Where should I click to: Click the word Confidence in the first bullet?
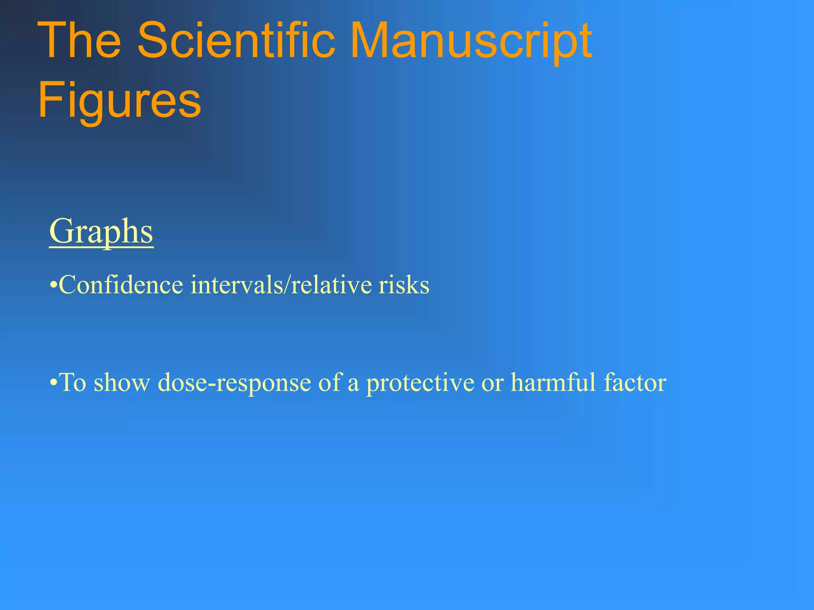(x=121, y=285)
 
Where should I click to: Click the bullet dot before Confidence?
(x=53, y=286)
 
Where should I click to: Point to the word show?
(x=122, y=382)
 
